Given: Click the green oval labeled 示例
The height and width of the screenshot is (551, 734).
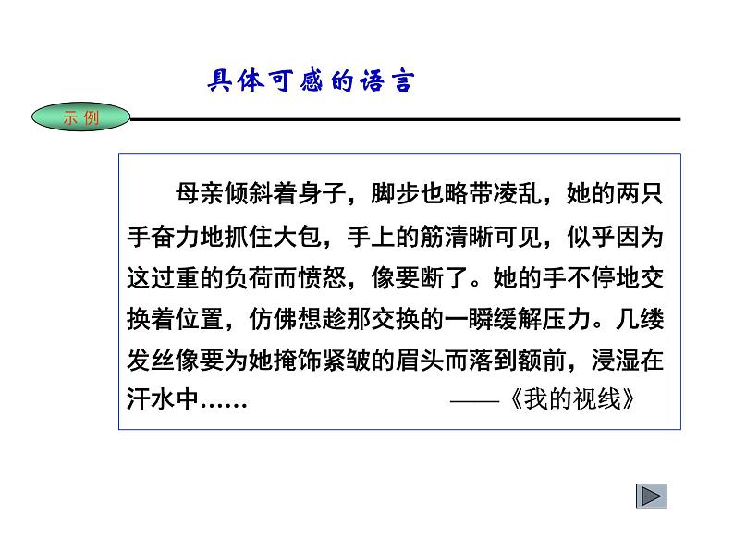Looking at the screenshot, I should [x=80, y=117].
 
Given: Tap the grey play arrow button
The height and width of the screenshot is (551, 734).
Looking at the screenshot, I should [x=652, y=496].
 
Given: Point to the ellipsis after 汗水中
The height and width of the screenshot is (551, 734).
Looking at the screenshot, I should [x=223, y=403].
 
